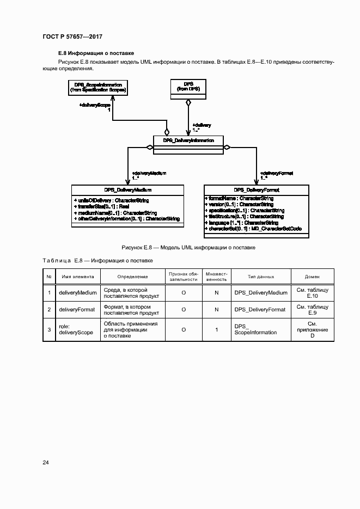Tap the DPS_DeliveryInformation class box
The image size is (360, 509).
pos(188,141)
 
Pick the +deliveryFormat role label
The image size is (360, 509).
pos(277,173)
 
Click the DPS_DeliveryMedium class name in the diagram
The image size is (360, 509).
pos(129,190)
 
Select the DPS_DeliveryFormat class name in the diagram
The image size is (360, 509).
pos(256,190)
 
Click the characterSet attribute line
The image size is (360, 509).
pos(253,229)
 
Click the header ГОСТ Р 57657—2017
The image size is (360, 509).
pos(72,36)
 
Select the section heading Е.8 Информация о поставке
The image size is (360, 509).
pos(96,53)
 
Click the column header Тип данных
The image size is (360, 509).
pos(261,277)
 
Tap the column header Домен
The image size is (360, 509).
pos(312,277)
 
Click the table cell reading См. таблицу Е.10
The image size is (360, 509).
pos(312,293)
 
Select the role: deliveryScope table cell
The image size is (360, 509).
pos(76,329)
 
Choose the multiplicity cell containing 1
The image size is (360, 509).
pos(217,329)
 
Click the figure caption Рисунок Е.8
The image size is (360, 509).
pos(187,248)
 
